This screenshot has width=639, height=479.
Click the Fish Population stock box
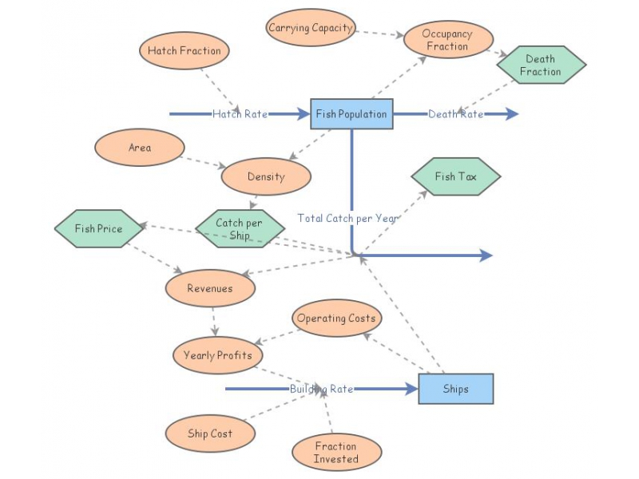pos(351,114)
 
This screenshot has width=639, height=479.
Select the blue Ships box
pos(455,389)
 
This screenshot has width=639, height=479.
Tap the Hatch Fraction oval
pos(184,51)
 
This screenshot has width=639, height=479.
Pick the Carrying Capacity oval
pos(311,28)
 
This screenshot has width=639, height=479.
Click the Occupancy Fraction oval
pos(447,40)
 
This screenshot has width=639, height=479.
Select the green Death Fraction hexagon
pos(541,65)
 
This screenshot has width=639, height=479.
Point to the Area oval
pos(140,148)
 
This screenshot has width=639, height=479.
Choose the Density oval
pos(266,176)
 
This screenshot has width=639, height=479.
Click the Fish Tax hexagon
pos(455,176)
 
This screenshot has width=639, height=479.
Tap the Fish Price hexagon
pos(99,228)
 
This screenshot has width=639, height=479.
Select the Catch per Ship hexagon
pos(239,229)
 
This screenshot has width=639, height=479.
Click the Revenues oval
pos(210,288)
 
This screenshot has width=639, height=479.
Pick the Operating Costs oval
pos(336,318)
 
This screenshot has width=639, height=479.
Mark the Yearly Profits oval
pos(217,355)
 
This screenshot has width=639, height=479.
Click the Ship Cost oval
pos(210,433)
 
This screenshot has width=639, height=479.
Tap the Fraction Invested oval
pos(336,453)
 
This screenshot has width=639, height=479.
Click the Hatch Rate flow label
pos(240,114)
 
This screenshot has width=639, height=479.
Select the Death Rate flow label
pos(455,114)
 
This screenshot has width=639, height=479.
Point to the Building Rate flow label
pos(321,389)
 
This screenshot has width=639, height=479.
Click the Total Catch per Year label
pos(348,218)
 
